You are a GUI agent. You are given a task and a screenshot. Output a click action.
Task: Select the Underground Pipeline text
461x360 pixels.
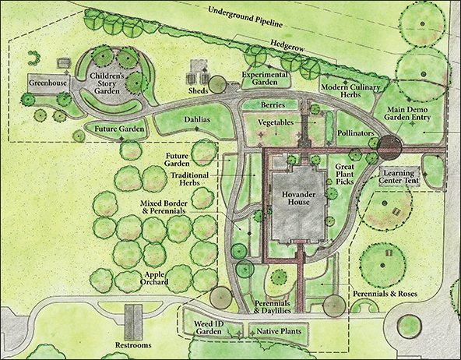[x=248, y=15]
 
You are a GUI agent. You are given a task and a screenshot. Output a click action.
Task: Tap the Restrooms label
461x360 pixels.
[x=130, y=344]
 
